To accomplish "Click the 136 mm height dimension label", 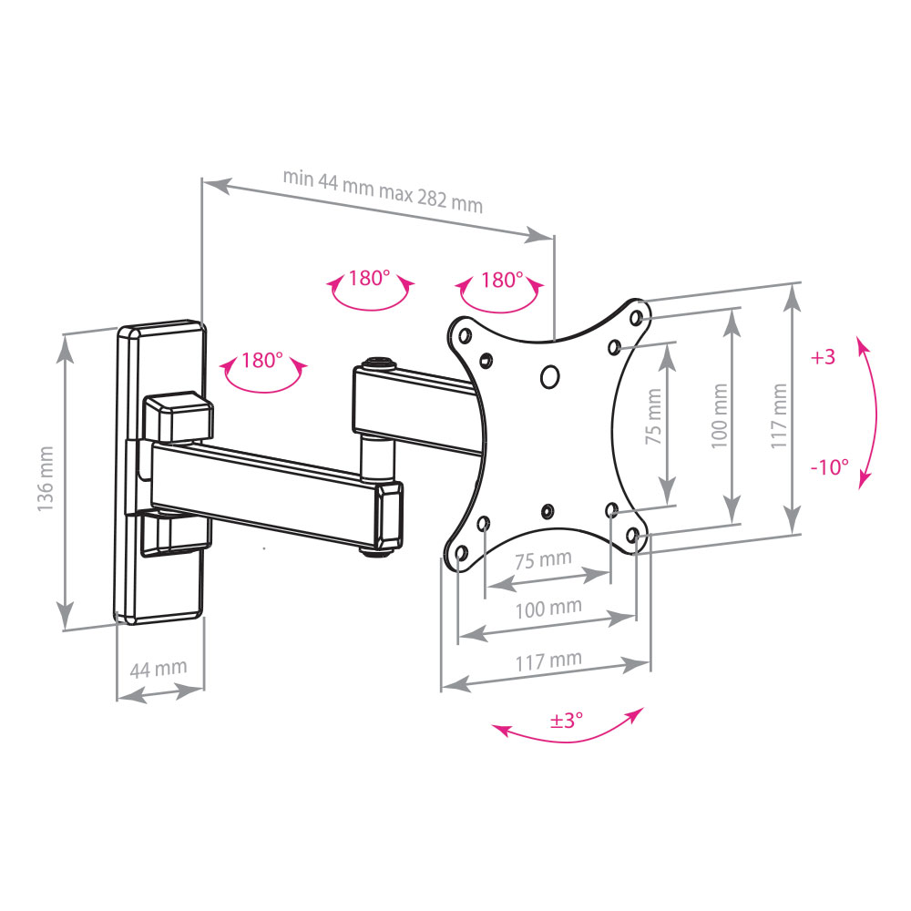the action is pyautogui.click(x=46, y=479).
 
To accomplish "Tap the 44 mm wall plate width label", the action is pyautogui.click(x=158, y=669).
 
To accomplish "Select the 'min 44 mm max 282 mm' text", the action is pyautogui.click(x=383, y=191).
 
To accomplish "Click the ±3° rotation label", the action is pyautogui.click(x=567, y=721).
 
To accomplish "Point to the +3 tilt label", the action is pyautogui.click(x=823, y=357).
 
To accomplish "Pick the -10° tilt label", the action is pyautogui.click(x=830, y=466).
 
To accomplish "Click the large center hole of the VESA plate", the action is pyautogui.click(x=549, y=376).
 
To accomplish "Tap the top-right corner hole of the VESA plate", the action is pyautogui.click(x=636, y=318).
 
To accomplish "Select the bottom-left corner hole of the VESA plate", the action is pyautogui.click(x=462, y=552).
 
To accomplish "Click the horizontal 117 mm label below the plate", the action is pyautogui.click(x=548, y=660).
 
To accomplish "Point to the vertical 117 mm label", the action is pyautogui.click(x=779, y=416).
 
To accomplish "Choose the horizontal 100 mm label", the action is pyautogui.click(x=548, y=609).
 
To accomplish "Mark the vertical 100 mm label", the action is pyautogui.click(x=720, y=416).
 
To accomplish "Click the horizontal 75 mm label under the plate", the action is pyautogui.click(x=543, y=560).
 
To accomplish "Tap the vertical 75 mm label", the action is pyautogui.click(x=654, y=416).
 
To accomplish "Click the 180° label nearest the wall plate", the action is pyautogui.click(x=262, y=360).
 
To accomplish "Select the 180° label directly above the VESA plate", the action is pyautogui.click(x=502, y=280).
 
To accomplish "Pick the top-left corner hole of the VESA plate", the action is pyautogui.click(x=465, y=335).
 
